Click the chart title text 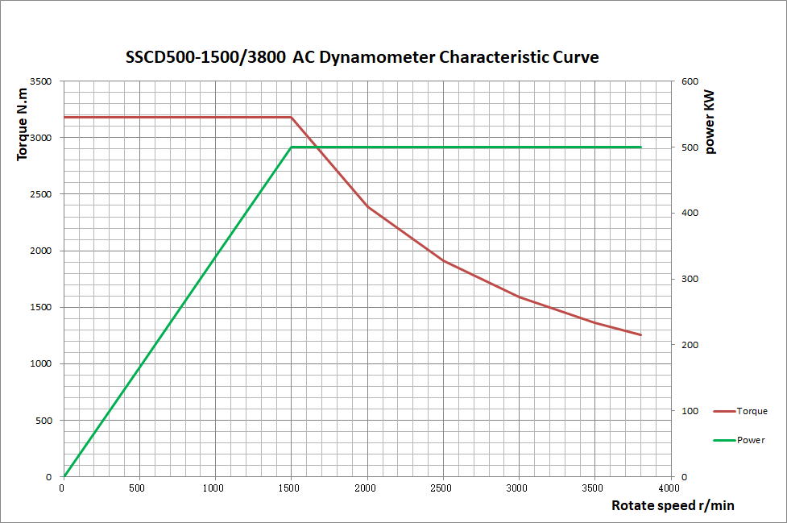click(362, 57)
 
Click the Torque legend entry click(752, 411)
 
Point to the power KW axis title click(710, 120)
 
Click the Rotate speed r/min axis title click(673, 505)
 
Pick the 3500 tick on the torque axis click(40, 81)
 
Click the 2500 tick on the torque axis click(40, 194)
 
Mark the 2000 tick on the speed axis click(367, 488)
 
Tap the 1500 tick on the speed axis click(291, 488)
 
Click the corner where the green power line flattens click(291, 147)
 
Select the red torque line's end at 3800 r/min click(641, 334)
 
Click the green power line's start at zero click(64, 476)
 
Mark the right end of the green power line click(641, 147)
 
